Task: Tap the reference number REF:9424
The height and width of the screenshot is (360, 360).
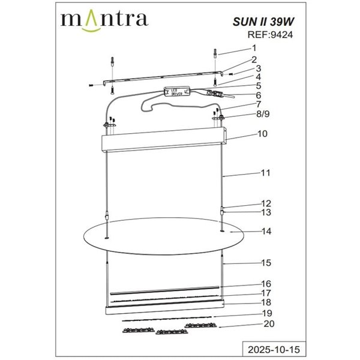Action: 269,34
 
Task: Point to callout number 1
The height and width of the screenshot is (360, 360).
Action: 254,48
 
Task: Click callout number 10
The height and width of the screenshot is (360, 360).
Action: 262,134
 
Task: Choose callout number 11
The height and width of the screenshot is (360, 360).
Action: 265,173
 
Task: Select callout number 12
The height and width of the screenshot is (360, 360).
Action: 266,203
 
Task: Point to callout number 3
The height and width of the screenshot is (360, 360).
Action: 259,68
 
